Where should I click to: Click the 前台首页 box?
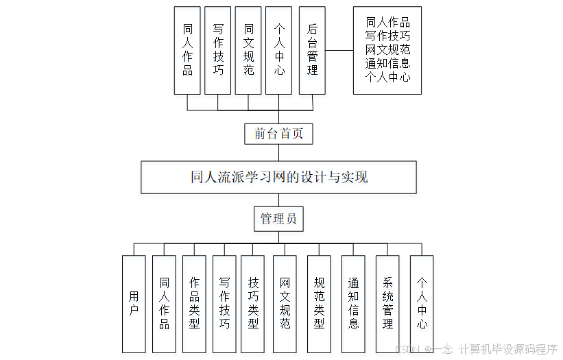pos(278,134)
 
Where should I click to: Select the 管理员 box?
pos(278,219)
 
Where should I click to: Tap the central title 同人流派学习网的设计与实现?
pos(278,177)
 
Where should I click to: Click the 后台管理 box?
pos(313,50)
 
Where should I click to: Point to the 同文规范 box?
pos(248,50)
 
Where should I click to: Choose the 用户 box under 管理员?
pos(134,304)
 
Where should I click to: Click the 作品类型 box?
pos(194,304)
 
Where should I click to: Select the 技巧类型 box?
pos(253,304)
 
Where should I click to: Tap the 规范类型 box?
pos(319,304)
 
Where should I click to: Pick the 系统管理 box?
pos(387,304)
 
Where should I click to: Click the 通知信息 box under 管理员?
pos(353,304)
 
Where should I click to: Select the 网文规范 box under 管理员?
pos(285,304)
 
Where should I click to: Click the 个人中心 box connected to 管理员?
pos(422,304)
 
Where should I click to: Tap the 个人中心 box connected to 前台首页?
pos(279,50)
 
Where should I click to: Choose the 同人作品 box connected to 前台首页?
pos(187,50)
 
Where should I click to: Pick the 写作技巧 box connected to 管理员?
pos(224,304)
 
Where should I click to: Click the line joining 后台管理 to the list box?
pos(339,50)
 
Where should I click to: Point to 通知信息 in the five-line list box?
pos(387,63)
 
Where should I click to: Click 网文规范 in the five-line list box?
pos(387,49)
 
